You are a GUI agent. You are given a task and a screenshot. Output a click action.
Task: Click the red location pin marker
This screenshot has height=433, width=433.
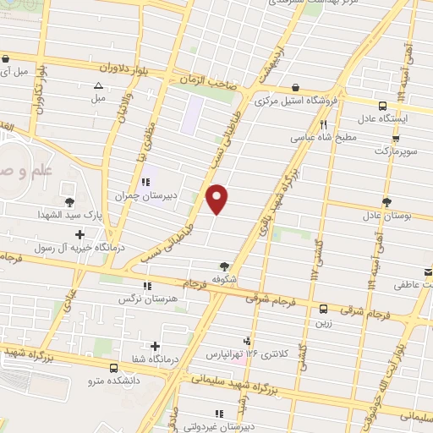tap(217, 199)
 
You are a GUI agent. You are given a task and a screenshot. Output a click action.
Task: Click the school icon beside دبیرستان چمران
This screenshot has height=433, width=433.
tap(146, 179)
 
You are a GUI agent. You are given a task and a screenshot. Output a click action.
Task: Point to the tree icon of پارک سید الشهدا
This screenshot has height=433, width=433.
tap(69, 201)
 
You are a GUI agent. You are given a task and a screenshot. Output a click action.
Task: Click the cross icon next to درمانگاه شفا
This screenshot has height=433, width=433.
tap(155, 345)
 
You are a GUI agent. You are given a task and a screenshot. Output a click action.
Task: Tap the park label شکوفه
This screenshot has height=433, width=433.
tap(223, 279)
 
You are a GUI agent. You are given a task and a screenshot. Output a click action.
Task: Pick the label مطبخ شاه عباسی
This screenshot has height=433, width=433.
tap(317, 135)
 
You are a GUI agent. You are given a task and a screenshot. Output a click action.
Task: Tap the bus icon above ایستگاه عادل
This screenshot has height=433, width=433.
tap(382, 106)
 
